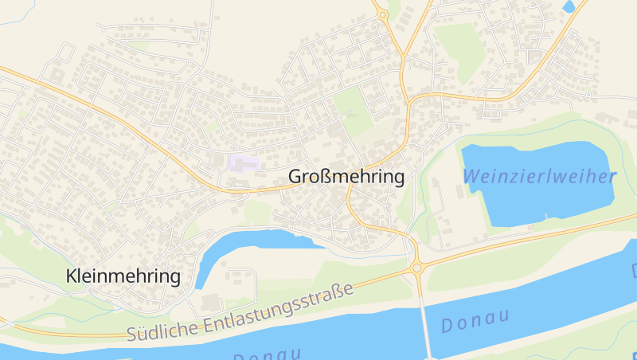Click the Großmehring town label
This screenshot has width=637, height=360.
tap(346, 177)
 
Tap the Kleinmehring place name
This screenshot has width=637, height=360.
tap(124, 276)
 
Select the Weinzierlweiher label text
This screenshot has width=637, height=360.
tap(539, 176)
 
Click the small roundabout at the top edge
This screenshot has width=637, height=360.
tap(383, 14)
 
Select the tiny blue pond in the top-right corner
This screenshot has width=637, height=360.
tap(569, 6)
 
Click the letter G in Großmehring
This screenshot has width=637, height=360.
tap(295, 177)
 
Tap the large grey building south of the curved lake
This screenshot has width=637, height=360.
tap(210, 302)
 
